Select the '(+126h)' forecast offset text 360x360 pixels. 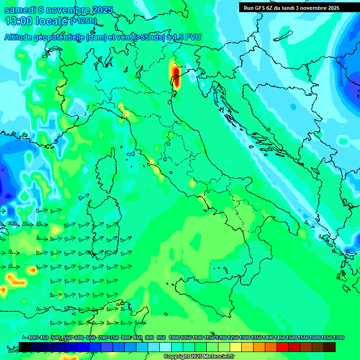tap(83, 21)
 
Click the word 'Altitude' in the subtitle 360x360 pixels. tap(20, 37)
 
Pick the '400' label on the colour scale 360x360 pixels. tap(32, 338)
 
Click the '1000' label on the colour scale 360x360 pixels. tap(174, 338)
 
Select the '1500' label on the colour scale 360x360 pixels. tap(292, 338)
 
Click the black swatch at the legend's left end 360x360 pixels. tap(25, 347)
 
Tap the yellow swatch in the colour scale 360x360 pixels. tap(236, 347)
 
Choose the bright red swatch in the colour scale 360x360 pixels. tap(283, 347)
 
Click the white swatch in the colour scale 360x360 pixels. tap(165, 347)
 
